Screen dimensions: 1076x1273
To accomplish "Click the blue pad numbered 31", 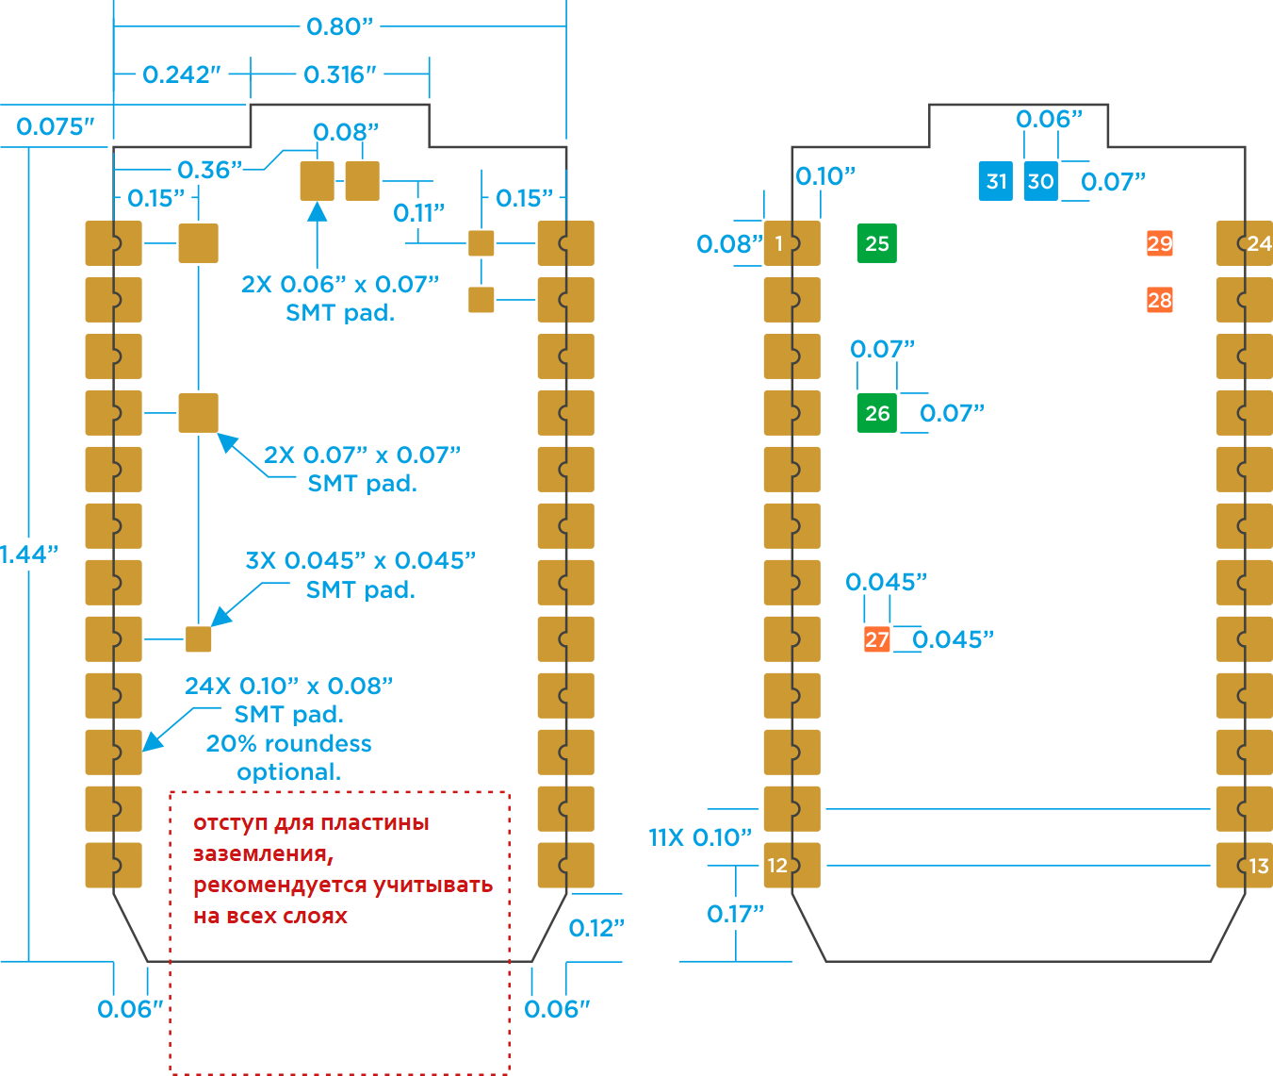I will tap(996, 181).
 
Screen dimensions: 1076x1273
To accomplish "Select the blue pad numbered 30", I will tap(1040, 181).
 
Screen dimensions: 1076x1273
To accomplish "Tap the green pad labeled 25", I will tap(876, 243).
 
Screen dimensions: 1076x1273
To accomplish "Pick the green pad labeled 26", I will tap(876, 413).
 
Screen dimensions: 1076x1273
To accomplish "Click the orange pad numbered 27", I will tap(876, 639).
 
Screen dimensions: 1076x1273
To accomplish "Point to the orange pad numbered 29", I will tap(1159, 243).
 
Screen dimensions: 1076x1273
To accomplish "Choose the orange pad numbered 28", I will tap(1159, 300).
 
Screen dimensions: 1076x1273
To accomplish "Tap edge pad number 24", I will tap(1245, 243).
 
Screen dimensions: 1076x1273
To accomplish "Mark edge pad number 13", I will tap(1245, 866).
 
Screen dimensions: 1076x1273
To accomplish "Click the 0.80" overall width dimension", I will tap(340, 26).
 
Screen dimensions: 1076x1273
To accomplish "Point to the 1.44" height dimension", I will tap(28, 555).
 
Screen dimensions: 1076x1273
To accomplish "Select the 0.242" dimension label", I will tap(182, 74).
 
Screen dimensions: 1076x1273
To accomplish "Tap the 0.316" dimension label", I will tap(340, 74).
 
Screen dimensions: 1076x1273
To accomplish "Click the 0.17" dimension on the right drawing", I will tap(735, 914).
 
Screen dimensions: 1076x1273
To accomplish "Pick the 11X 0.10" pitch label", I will tap(700, 837).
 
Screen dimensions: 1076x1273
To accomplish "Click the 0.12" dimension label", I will tap(596, 928).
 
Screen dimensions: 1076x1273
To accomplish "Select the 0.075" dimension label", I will tap(56, 126).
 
